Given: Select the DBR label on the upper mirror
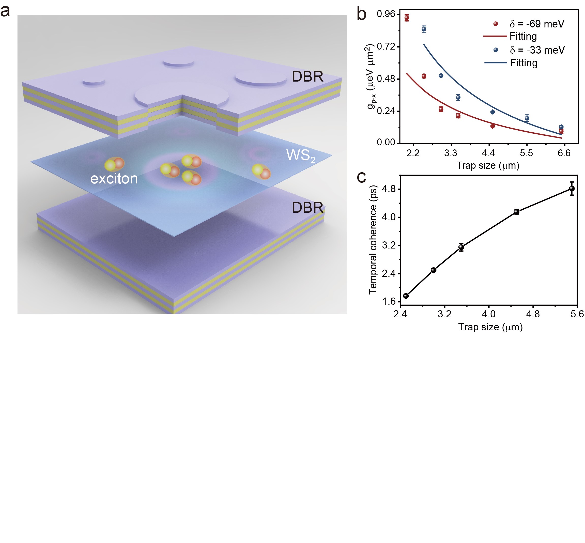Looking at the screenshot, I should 307,77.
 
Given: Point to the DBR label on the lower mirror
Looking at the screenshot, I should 307,208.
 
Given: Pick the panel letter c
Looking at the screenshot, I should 361,177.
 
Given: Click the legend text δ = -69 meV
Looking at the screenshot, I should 536,24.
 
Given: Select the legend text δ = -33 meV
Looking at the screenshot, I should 537,50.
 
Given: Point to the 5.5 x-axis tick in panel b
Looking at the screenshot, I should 526,153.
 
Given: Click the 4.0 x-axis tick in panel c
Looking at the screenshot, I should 489,314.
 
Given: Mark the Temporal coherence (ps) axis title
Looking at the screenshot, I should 373,239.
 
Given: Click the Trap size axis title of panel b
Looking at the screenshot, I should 488,165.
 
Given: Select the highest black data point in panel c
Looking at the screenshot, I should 572,188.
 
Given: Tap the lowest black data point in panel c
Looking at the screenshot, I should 406,296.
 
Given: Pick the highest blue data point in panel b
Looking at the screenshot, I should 424,29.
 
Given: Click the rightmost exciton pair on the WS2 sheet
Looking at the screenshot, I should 261,172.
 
